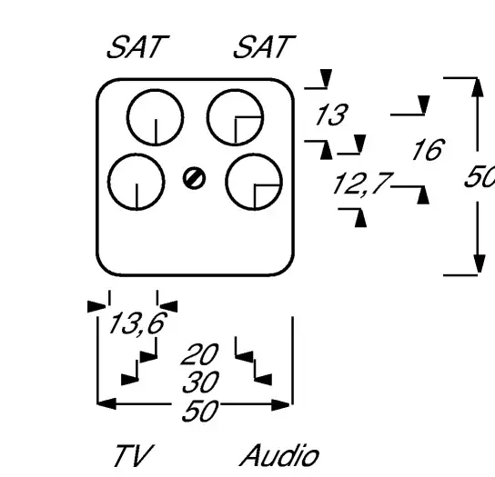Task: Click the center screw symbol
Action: (194, 178)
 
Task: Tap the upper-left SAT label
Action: (138, 46)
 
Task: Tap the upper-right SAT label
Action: (265, 46)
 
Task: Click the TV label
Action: (134, 455)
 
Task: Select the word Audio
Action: (279, 455)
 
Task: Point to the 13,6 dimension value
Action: (137, 323)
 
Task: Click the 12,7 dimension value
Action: (362, 184)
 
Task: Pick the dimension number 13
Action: (332, 114)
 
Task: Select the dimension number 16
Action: (429, 149)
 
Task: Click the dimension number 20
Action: (200, 354)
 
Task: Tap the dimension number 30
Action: (201, 382)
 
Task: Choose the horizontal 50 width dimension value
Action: (200, 411)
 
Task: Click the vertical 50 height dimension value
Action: (480, 176)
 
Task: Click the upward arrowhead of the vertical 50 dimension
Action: (478, 87)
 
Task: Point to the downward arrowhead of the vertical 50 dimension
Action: (479, 263)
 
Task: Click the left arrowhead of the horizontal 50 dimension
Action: (106, 403)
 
